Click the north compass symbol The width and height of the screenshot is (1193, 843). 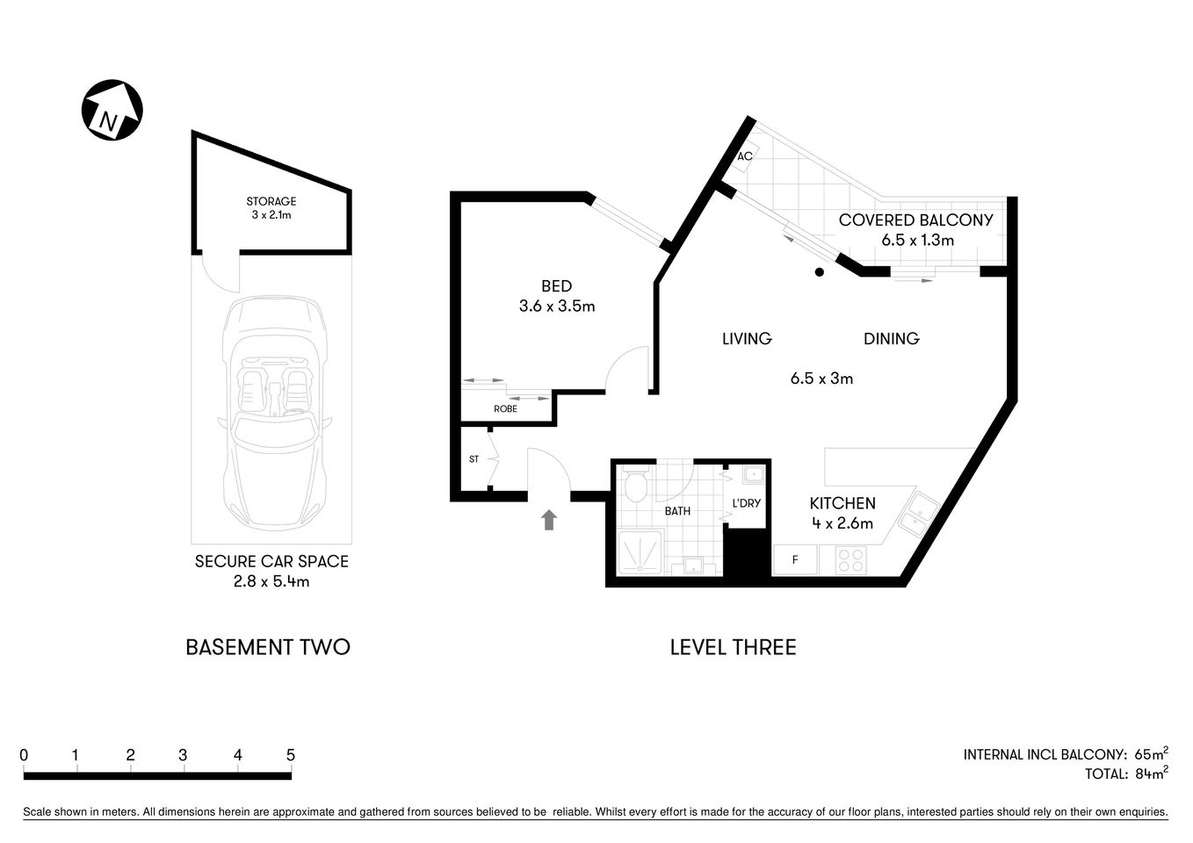112,110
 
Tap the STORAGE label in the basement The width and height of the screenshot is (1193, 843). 271,201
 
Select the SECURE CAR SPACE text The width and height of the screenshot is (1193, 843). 271,561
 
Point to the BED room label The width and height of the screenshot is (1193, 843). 556,286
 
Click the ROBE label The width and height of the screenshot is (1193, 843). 505,409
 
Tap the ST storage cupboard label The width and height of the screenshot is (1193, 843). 474,459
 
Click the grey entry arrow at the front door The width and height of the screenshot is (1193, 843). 549,520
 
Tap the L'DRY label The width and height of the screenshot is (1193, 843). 746,503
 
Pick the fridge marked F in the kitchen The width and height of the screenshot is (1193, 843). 795,559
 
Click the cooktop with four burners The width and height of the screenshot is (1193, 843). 850,559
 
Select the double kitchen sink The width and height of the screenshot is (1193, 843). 917,514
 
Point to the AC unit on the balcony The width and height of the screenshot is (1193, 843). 746,156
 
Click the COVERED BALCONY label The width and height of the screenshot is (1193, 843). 915,220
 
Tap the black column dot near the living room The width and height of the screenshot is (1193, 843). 819,272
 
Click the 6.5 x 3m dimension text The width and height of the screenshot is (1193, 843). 821,378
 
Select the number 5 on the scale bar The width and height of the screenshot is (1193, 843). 290,755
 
